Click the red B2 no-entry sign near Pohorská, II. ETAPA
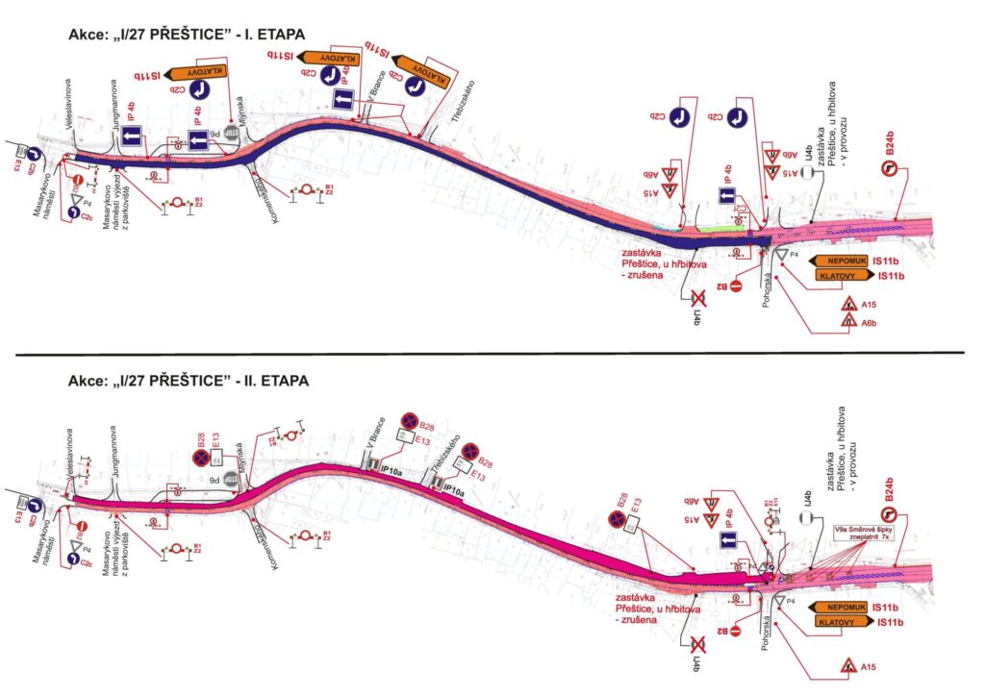coord(736,631)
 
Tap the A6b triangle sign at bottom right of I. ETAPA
coord(850,323)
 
